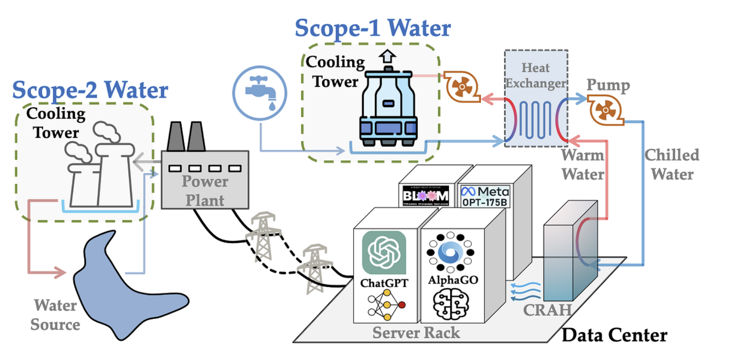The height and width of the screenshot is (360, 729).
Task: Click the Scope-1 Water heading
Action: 372,28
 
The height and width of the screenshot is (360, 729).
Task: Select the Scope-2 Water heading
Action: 90,90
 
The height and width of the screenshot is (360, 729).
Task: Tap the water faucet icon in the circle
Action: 260,93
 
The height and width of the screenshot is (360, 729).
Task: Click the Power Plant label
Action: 205,191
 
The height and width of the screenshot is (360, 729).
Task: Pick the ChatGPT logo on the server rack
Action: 384,252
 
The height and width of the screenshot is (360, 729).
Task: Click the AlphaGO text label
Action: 453,280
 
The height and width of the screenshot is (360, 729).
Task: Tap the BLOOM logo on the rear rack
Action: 425,195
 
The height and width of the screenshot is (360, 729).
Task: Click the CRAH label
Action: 547,310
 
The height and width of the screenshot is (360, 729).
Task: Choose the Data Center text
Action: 614,335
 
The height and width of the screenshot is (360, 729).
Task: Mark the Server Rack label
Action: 416,333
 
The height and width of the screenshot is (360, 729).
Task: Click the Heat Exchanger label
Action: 536,75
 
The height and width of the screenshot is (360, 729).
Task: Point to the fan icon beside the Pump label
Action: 605,110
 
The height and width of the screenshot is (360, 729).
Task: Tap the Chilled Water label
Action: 672,165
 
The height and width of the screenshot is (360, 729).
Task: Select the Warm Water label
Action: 583,165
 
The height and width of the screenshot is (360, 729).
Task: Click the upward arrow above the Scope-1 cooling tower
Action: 387,56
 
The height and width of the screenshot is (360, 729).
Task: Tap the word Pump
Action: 608,85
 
